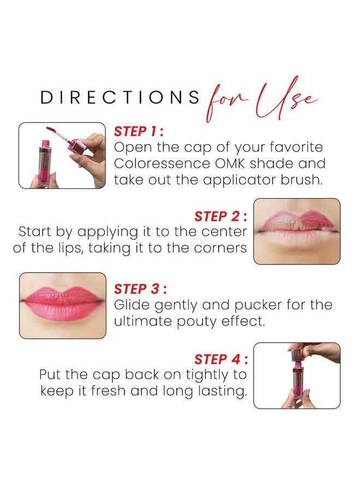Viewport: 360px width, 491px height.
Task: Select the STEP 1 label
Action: point(139,131)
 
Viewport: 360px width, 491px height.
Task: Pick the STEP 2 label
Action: point(220,216)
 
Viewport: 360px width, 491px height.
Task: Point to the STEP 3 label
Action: point(139,289)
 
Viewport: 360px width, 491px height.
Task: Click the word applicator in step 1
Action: point(237,180)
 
